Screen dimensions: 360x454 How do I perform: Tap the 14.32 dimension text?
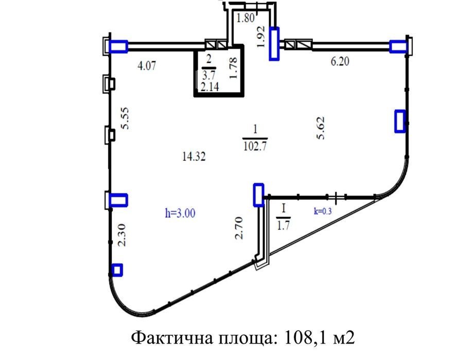click(x=194, y=158)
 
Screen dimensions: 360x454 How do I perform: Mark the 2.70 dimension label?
click(x=238, y=229)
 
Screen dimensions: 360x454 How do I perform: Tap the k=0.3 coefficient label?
click(x=323, y=211)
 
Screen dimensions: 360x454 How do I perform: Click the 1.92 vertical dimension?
click(x=262, y=37)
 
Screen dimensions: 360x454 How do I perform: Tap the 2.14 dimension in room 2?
click(x=210, y=88)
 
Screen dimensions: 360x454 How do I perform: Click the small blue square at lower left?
click(x=117, y=269)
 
